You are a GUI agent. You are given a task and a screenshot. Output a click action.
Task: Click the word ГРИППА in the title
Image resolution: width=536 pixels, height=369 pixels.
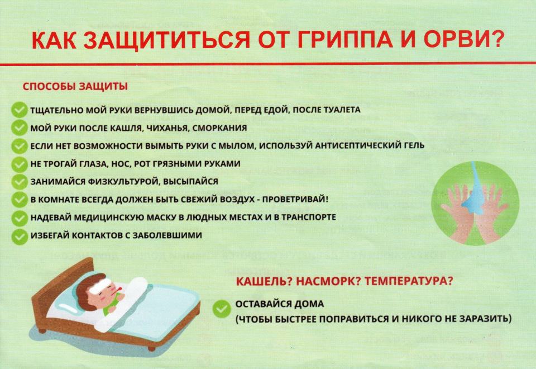(x=345, y=39)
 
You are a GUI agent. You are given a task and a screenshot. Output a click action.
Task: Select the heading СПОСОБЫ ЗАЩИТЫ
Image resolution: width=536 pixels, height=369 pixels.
(x=75, y=86)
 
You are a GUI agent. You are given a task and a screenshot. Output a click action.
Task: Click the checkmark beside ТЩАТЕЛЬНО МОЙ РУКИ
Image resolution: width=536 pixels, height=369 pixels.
(x=20, y=110)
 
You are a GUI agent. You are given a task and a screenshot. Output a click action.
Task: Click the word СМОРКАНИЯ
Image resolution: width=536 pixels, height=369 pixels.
(x=219, y=128)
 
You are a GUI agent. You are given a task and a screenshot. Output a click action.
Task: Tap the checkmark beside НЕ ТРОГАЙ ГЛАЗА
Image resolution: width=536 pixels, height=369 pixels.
(x=20, y=164)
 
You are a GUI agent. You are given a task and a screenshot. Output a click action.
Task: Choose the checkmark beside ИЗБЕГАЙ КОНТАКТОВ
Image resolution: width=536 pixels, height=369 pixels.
(x=20, y=236)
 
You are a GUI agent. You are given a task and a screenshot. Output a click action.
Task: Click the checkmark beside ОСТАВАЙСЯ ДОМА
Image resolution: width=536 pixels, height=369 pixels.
(x=222, y=309)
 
